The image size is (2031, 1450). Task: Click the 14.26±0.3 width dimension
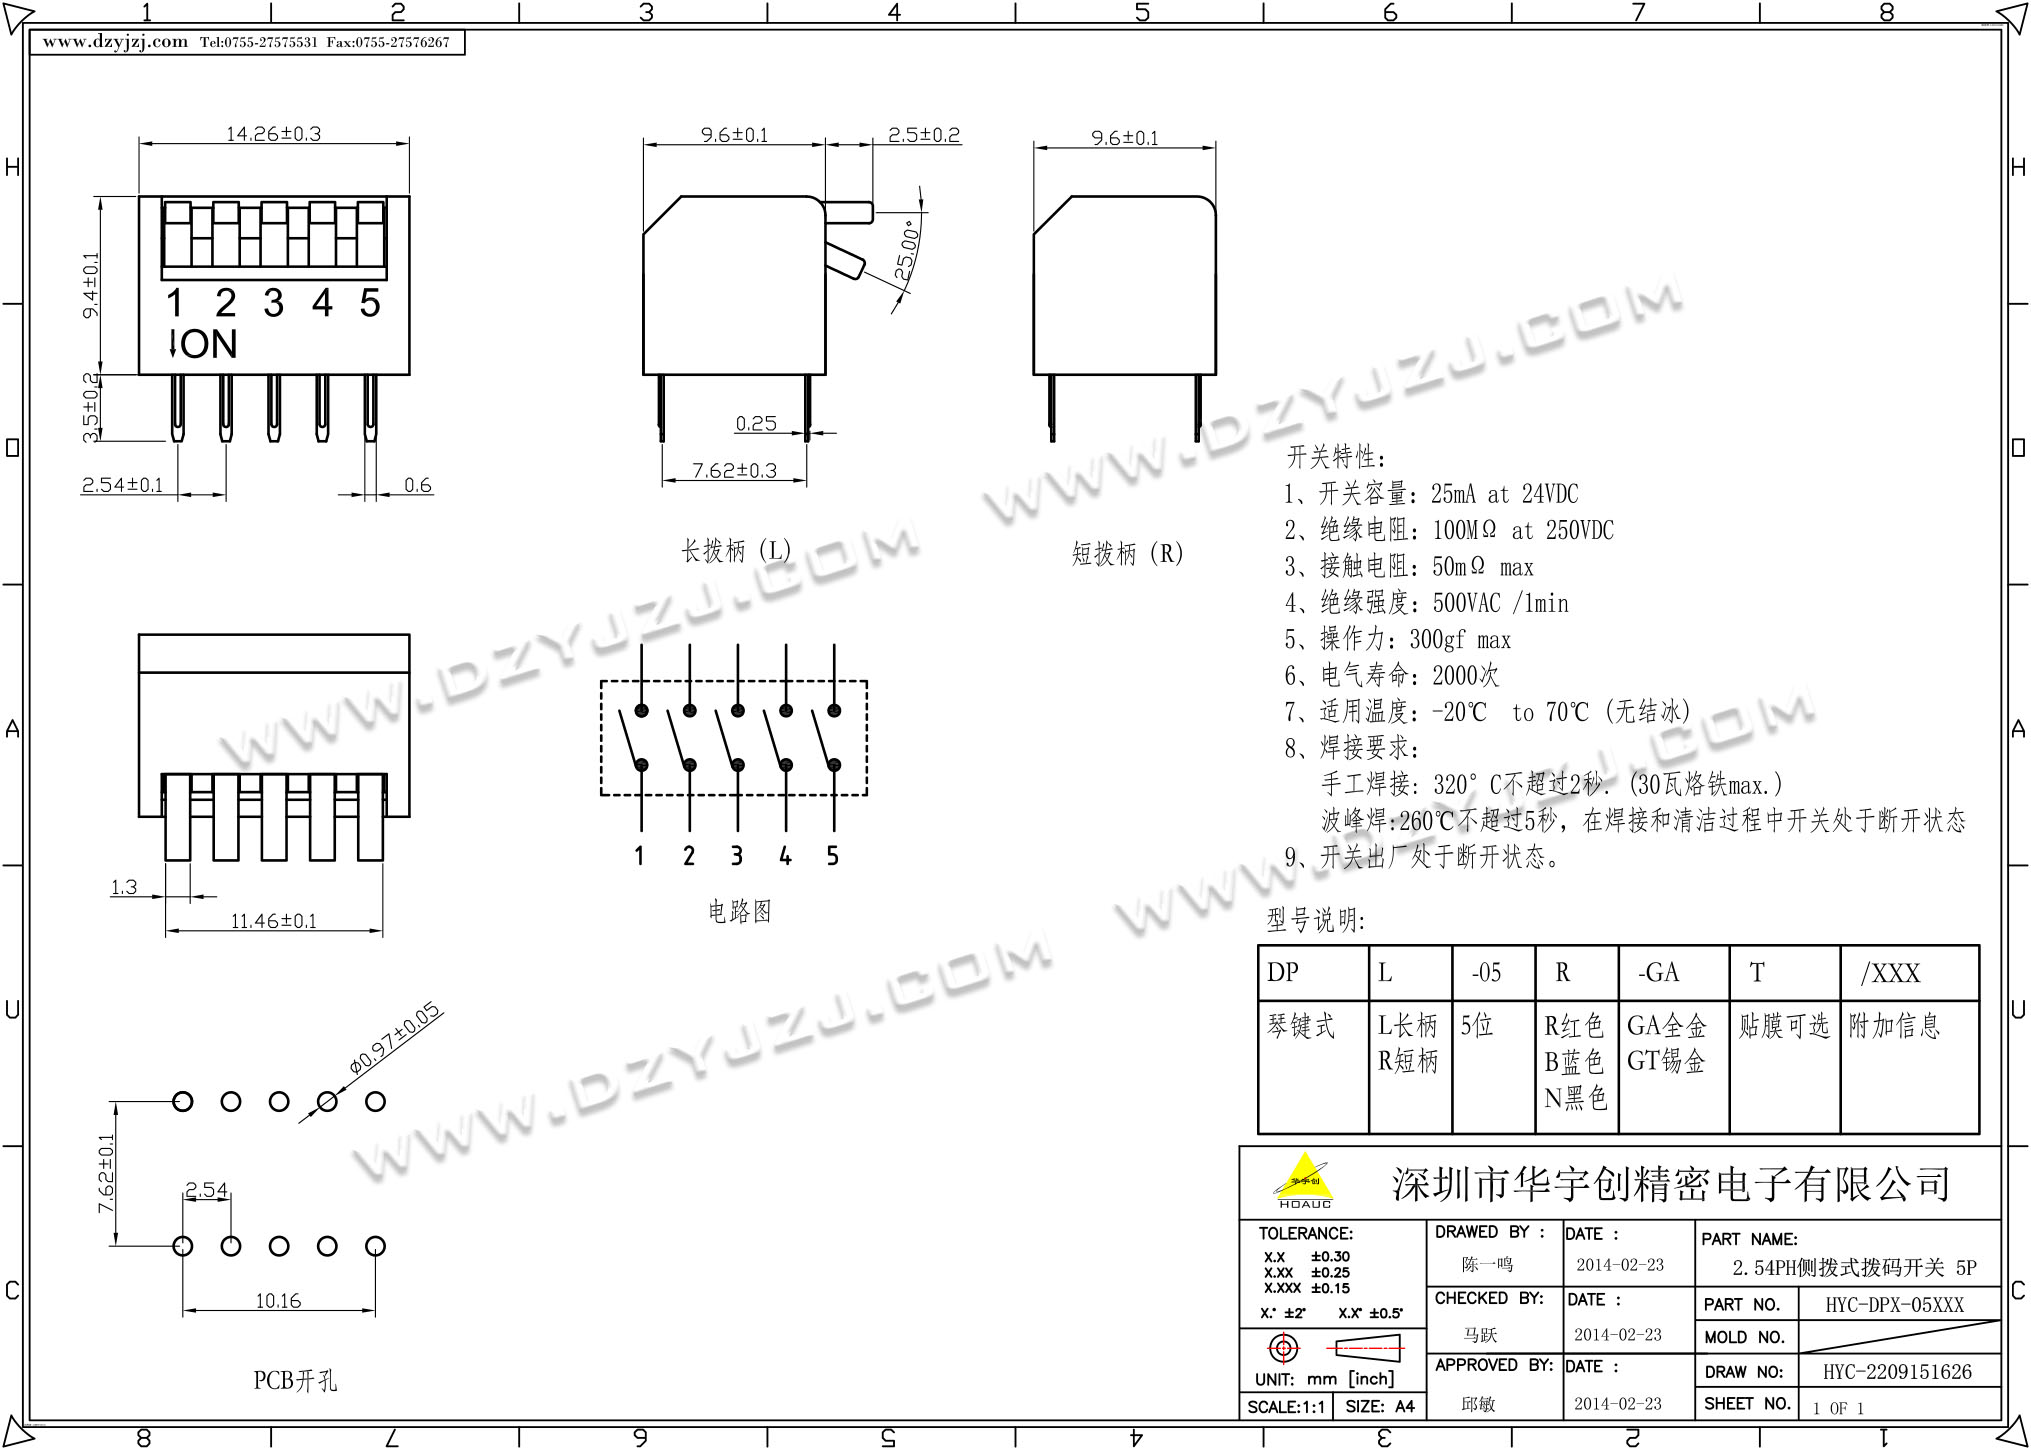pyautogui.click(x=273, y=134)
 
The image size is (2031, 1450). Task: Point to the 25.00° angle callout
pyautogui.click(x=907, y=250)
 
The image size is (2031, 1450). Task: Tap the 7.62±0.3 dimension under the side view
pyautogui.click(x=734, y=470)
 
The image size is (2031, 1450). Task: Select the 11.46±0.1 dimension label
pyautogui.click(x=273, y=921)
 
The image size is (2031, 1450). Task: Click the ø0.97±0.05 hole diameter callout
pyautogui.click(x=394, y=1038)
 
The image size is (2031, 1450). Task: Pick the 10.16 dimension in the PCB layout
pyautogui.click(x=278, y=1301)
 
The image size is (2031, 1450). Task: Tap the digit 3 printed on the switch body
pyautogui.click(x=273, y=303)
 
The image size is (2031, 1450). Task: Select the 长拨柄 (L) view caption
pyautogui.click(x=736, y=551)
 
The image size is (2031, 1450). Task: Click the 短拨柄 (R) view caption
pyautogui.click(x=1127, y=554)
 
